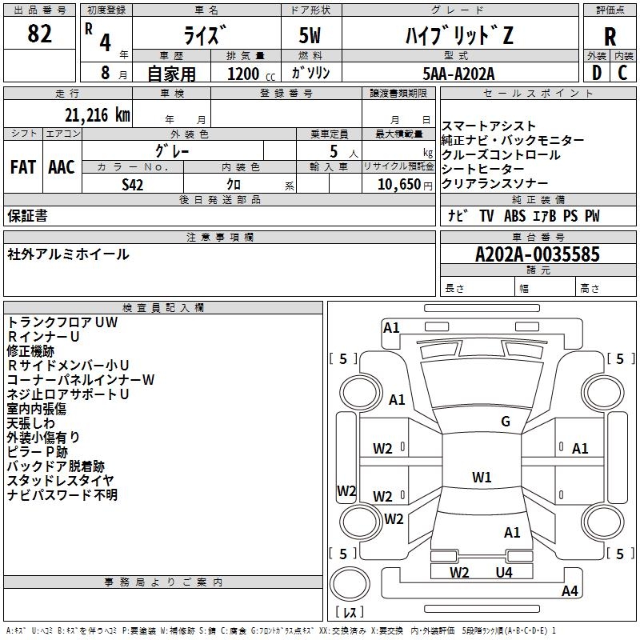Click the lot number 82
tap(39, 34)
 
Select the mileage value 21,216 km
tap(97, 115)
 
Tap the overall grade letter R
tap(610, 37)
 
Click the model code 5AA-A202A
tap(458, 74)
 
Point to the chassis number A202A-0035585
tap(538, 254)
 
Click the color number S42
tap(133, 185)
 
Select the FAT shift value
tap(23, 167)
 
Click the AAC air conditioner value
tap(62, 167)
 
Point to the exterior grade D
tap(596, 73)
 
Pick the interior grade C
tap(622, 73)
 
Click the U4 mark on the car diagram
tap(504, 573)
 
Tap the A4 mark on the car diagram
tap(570, 590)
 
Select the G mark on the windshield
tap(506, 422)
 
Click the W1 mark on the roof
tap(482, 477)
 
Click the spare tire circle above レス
tap(350, 584)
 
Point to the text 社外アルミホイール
tap(68, 254)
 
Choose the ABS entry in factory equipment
tap(514, 216)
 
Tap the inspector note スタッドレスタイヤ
tap(61, 481)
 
